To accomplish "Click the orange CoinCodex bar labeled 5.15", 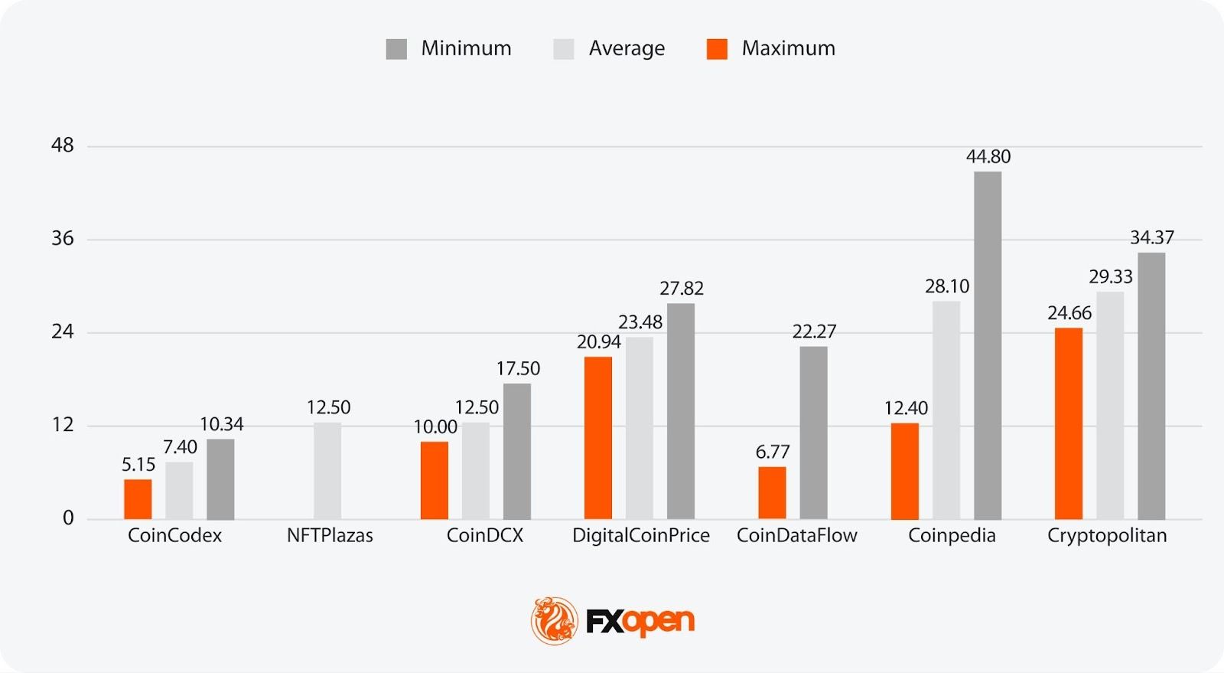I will (x=138, y=499).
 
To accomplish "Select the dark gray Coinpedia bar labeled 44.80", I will (x=987, y=345).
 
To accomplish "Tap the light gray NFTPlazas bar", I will (x=327, y=471).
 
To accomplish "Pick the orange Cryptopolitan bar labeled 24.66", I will (x=1068, y=423).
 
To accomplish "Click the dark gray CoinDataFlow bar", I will (x=813, y=433).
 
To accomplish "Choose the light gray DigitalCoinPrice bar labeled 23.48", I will (x=640, y=428).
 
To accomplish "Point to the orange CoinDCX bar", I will (x=435, y=480).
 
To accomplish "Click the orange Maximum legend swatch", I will (x=717, y=49).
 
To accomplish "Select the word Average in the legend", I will (x=627, y=48).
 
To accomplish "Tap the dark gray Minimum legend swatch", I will (x=396, y=49).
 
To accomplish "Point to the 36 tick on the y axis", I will (x=63, y=239).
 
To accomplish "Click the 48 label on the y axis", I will (x=63, y=145).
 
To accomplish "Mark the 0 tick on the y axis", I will (x=68, y=518).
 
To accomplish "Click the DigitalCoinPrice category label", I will (x=641, y=535).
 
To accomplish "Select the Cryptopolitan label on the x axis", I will (x=1107, y=535).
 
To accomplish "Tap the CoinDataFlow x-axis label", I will (x=796, y=535).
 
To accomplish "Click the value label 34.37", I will (x=1151, y=237).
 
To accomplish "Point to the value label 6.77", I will (x=772, y=452).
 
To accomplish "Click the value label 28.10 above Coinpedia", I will (x=946, y=286).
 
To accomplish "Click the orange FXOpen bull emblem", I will (x=554, y=620).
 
